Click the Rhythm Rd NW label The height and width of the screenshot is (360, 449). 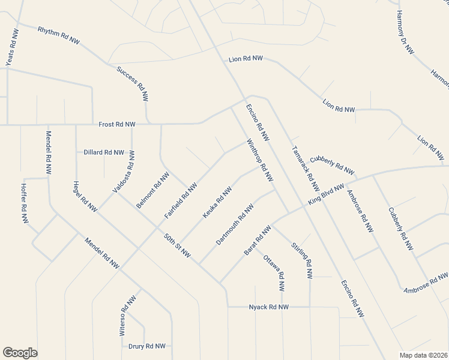pyautogui.click(x=58, y=35)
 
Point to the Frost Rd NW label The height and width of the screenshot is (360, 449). pyautogui.click(x=117, y=124)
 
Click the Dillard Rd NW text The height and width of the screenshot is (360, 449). pyautogui.click(x=104, y=152)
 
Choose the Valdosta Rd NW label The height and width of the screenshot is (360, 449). pyautogui.click(x=124, y=172)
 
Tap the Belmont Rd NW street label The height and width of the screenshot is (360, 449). pyautogui.click(x=152, y=190)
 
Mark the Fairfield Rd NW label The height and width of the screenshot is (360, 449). pyautogui.click(x=181, y=200)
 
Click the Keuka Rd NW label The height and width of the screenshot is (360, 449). pyautogui.click(x=217, y=203)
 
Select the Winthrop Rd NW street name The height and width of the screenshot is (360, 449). pyautogui.click(x=261, y=161)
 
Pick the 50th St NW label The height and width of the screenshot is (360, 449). pyautogui.click(x=178, y=246)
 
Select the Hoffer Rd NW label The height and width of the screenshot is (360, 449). pyautogui.click(x=25, y=208)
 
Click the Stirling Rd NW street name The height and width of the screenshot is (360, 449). pyautogui.click(x=302, y=260)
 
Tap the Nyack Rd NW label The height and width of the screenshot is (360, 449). pyautogui.click(x=269, y=307)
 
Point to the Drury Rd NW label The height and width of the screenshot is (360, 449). pyautogui.click(x=147, y=346)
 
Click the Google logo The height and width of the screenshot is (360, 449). pyautogui.click(x=20, y=353)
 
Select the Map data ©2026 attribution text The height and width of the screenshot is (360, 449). pyautogui.click(x=423, y=355)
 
